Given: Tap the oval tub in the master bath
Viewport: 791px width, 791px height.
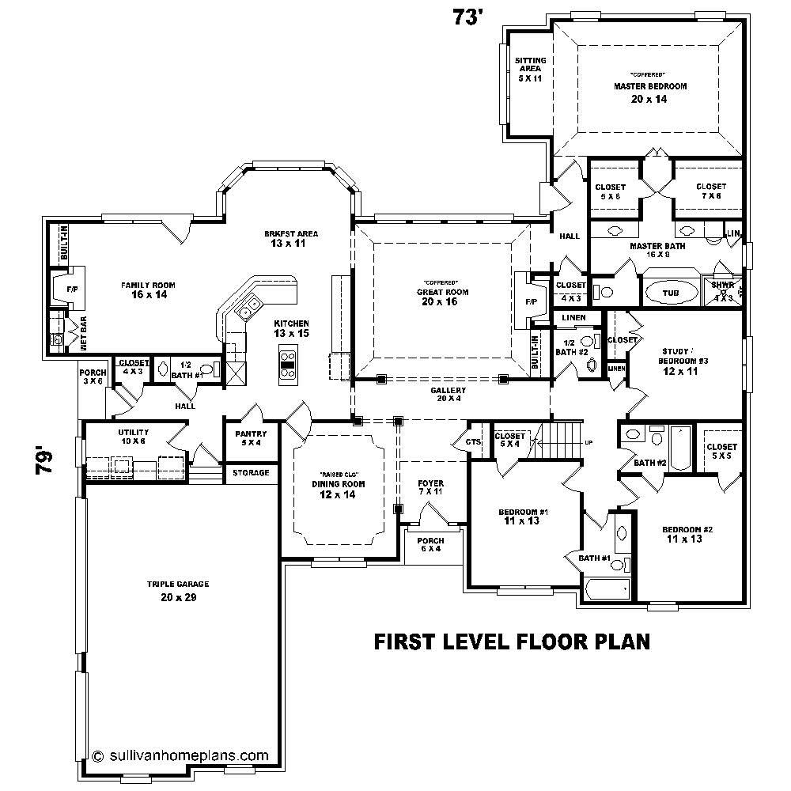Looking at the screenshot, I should coord(670,293).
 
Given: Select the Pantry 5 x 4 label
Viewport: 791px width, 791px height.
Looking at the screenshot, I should coord(251,438).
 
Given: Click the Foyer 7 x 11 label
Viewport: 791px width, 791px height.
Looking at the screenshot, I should coord(431,487).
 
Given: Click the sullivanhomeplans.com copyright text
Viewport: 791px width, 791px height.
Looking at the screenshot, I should coord(184,755).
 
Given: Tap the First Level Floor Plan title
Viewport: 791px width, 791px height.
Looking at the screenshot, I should coord(511,641).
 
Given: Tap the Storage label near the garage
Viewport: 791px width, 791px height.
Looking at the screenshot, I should coord(250,473).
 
